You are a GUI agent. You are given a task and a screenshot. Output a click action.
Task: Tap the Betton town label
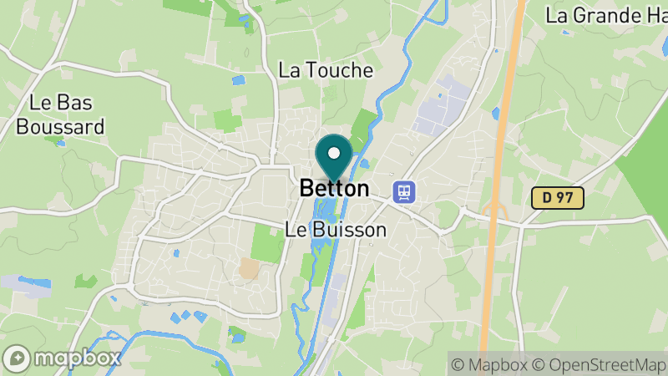334,189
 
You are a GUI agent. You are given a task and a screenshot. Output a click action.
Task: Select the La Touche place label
326,70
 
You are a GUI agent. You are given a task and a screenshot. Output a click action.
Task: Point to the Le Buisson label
336,229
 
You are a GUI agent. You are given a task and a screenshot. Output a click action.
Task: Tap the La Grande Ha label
605,15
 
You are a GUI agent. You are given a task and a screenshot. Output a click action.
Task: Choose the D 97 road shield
558,198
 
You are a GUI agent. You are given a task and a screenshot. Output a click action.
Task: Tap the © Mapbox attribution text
488,364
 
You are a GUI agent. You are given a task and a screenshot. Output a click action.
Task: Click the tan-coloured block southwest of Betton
249,267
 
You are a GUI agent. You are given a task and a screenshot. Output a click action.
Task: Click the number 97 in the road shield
565,198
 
